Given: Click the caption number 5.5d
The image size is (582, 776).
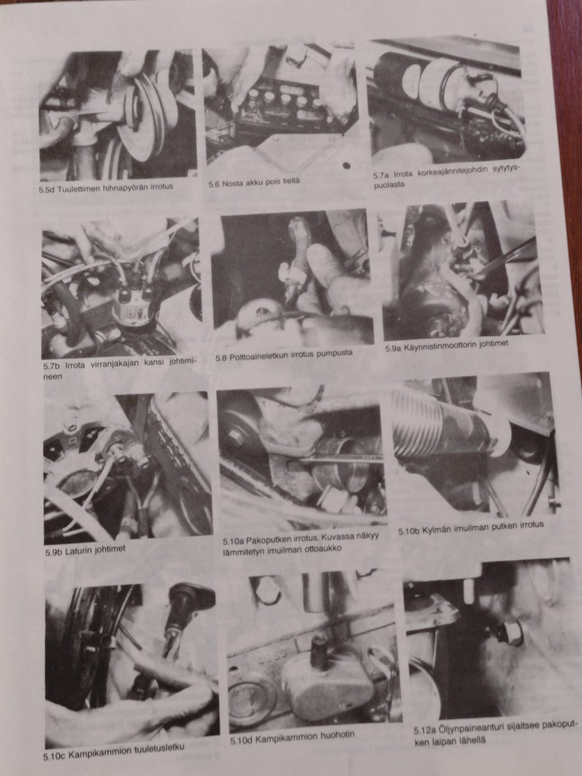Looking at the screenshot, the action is [x=47, y=190].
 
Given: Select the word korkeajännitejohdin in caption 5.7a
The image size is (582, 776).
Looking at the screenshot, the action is [x=447, y=172].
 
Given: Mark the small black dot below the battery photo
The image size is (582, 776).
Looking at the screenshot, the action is [x=346, y=165].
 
